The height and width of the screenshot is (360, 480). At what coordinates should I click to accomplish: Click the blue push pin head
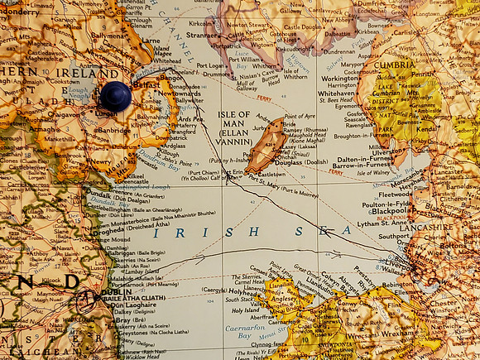click(116, 96)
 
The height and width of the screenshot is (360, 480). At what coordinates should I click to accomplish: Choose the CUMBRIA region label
click(394, 64)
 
